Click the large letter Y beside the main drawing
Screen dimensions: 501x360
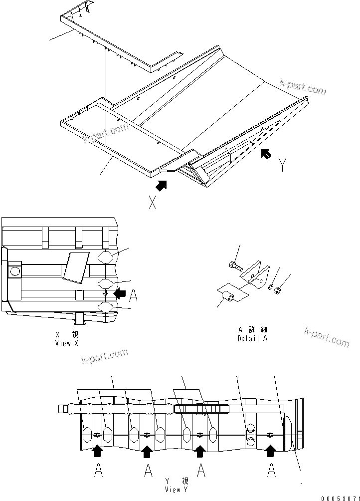tap(283, 164)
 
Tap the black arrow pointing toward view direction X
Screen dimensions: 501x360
tap(161, 185)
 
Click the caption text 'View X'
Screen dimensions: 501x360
tap(66, 343)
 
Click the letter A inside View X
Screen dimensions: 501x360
tap(133, 296)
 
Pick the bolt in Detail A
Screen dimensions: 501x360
tap(234, 265)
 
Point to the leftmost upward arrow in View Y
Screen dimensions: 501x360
tap(98, 451)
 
